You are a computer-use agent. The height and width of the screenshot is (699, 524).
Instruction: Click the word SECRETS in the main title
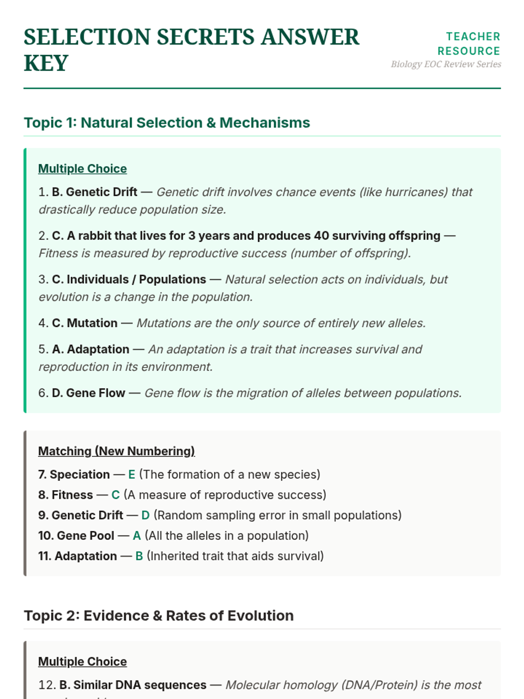click(205, 37)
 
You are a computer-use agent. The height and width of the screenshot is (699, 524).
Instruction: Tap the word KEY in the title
click(46, 63)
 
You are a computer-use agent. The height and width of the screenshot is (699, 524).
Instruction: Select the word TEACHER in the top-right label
click(473, 37)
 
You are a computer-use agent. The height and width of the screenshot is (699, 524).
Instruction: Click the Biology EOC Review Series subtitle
click(446, 64)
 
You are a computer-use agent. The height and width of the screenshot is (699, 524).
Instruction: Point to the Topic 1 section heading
click(167, 123)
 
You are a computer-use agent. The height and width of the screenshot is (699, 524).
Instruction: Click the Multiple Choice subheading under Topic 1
click(83, 169)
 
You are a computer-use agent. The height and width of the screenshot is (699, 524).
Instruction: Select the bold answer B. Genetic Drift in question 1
click(94, 192)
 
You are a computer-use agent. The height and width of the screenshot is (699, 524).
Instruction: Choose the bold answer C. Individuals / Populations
click(129, 280)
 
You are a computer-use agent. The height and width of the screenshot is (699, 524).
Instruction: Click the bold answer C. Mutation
click(85, 323)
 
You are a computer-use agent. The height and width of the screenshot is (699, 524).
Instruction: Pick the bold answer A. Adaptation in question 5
click(90, 349)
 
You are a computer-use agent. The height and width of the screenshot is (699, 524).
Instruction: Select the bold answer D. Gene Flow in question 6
click(88, 393)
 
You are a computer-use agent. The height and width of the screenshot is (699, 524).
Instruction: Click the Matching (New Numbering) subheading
click(116, 451)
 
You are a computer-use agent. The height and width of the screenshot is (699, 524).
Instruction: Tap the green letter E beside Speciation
click(131, 474)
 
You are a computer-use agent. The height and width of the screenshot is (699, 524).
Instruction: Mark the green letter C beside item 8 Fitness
click(115, 495)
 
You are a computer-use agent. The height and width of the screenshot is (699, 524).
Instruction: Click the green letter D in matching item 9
click(145, 516)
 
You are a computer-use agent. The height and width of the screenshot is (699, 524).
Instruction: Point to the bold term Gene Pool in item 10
click(86, 536)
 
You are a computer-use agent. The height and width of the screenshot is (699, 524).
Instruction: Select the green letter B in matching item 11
click(139, 556)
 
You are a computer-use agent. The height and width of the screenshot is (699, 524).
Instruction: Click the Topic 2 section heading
click(159, 616)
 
